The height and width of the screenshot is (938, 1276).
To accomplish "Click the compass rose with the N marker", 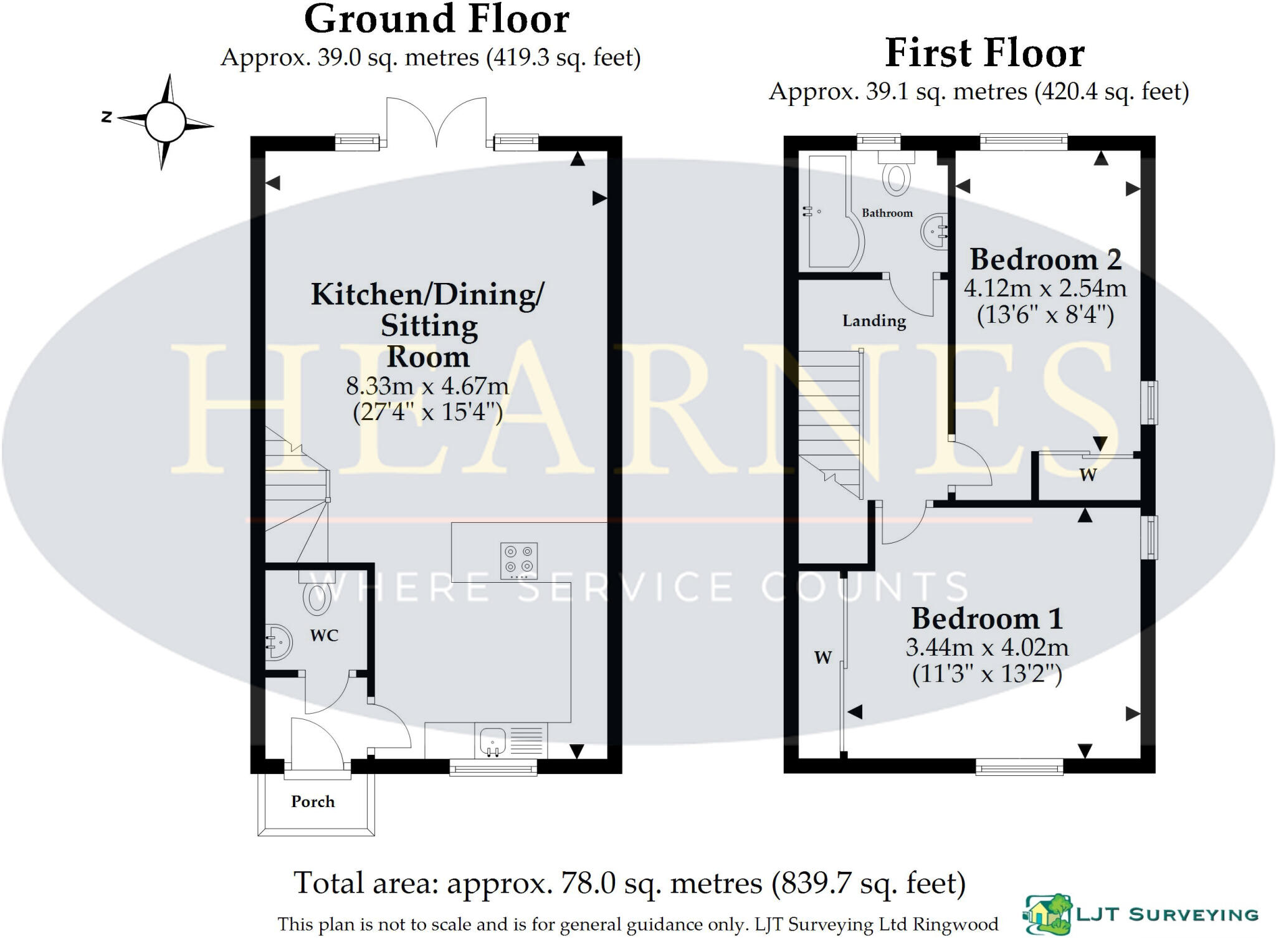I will tap(165, 122).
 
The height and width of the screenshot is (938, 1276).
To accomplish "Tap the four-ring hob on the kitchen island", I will tap(519, 558).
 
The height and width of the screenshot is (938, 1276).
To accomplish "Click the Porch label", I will tap(313, 802).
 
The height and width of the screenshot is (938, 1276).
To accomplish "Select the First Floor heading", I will tap(984, 53).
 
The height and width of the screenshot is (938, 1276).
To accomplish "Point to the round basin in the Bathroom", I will tap(933, 232).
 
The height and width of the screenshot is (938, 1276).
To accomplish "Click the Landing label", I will tap(874, 321).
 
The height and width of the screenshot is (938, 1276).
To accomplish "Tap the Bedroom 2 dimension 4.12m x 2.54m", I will tap(1045, 289).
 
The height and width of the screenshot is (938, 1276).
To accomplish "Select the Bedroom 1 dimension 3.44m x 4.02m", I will tap(987, 648).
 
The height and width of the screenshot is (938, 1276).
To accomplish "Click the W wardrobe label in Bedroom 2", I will tap(1088, 475).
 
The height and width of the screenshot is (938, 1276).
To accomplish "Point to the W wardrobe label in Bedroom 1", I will tap(823, 657).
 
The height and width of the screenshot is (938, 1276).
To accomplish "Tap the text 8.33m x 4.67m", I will tap(427, 386).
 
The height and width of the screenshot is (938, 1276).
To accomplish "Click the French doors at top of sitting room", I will tap(436, 125).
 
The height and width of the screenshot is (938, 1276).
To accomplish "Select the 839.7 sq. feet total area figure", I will tap(869, 883).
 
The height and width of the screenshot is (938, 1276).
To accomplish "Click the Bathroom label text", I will tap(887, 213).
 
